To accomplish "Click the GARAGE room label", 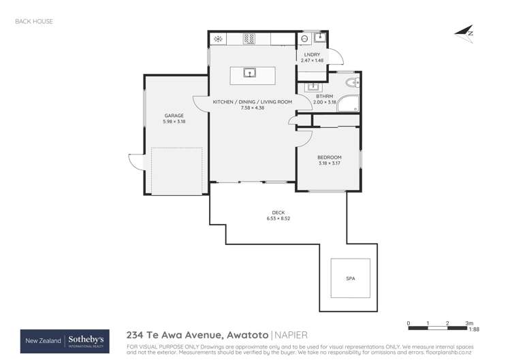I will click(x=174, y=116).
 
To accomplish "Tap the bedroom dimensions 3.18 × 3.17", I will click(x=329, y=163).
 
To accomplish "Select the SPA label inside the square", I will click(x=350, y=279).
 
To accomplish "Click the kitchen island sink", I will click(x=250, y=71).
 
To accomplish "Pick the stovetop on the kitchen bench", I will click(x=249, y=39).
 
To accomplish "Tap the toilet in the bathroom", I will click(x=351, y=84).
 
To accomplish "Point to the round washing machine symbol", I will click(x=305, y=39).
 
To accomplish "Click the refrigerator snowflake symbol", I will click(x=219, y=39).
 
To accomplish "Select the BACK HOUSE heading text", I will click(x=33, y=22).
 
